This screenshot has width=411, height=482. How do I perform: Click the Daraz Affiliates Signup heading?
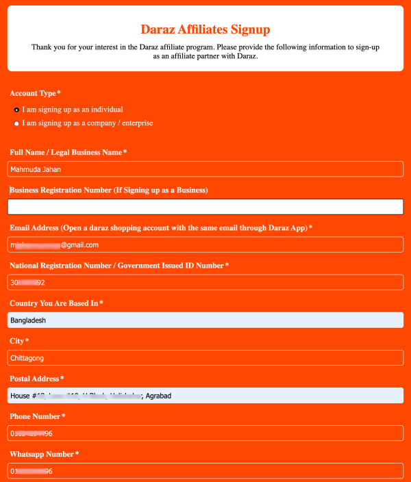point(205,29)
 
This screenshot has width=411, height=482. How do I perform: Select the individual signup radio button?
point(16,110)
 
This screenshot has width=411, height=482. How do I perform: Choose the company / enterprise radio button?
point(16,124)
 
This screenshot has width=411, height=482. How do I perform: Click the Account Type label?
point(35,93)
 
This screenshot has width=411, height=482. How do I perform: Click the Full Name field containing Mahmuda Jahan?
point(205,169)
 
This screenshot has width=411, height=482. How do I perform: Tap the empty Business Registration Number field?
point(205,207)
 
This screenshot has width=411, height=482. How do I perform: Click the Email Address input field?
point(205,244)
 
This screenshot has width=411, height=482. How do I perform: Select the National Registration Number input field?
point(205,282)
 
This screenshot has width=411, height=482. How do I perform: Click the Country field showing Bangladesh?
point(205,320)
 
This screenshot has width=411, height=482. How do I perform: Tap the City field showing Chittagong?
point(205,357)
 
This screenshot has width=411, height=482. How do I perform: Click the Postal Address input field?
point(205,396)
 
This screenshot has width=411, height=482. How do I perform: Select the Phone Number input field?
point(205,433)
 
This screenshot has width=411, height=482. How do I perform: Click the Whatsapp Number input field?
point(205,471)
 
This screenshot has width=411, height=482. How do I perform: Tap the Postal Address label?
point(36,379)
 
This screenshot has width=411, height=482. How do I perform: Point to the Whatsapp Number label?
point(44,455)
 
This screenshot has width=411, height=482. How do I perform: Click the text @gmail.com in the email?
point(80,244)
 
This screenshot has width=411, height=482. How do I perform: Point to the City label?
point(18,341)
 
